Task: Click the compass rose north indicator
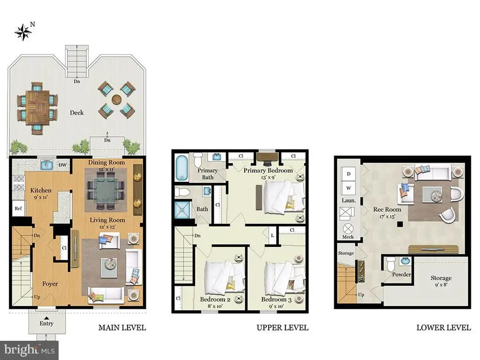(x=23, y=31)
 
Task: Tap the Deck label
(x=77, y=113)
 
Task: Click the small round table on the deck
(x=116, y=100)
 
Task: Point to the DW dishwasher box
(x=62, y=165)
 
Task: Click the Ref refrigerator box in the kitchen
(x=18, y=209)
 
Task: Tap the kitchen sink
(x=45, y=165)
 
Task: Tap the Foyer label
(x=51, y=284)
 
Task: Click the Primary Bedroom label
(x=268, y=171)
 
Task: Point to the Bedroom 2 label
(x=216, y=299)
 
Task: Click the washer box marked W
(x=349, y=188)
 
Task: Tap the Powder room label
(x=401, y=274)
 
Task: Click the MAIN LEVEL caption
(x=122, y=327)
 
